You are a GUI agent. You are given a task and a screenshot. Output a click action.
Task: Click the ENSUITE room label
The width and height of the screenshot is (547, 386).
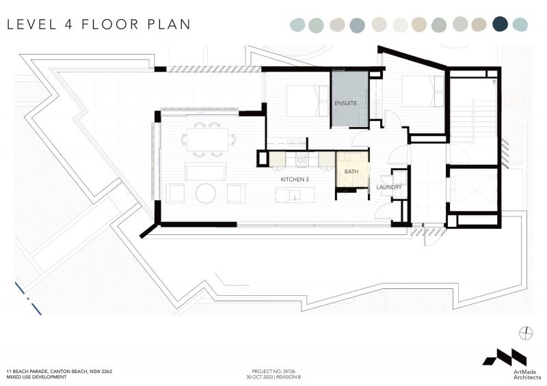coord(345,103)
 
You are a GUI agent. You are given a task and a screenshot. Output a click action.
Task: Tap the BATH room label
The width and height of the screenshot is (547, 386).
coord(351,171)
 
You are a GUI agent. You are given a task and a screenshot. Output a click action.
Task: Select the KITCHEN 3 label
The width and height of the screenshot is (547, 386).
coord(295,179)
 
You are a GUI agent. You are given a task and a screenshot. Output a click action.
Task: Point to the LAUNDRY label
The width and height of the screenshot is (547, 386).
coord(388,187)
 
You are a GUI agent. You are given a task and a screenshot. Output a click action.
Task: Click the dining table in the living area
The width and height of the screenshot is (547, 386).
coord(208,139)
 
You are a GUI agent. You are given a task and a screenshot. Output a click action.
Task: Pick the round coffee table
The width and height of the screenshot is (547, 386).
coord(206,193)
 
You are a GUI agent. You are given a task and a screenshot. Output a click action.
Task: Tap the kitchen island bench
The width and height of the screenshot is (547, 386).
coord(295,195)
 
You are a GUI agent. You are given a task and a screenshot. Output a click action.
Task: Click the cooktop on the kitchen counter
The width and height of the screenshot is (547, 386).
coord(302,161)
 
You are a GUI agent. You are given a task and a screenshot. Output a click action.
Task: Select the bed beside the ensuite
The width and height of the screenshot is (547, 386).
coord(302,101)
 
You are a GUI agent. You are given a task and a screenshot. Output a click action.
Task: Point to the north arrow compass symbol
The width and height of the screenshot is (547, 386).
coord(526,333)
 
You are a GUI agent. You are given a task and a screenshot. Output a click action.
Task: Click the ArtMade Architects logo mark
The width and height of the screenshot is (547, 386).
coord(505,357)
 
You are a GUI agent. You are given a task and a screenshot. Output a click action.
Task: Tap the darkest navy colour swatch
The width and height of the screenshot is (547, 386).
coord(500,24)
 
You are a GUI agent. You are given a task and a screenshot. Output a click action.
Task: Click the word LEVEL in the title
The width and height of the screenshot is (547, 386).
coord(31,25)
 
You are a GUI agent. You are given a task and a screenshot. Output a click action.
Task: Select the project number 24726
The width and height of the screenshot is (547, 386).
coord(289,372)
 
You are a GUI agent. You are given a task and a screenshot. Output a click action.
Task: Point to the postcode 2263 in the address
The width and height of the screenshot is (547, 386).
coord(106,372)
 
